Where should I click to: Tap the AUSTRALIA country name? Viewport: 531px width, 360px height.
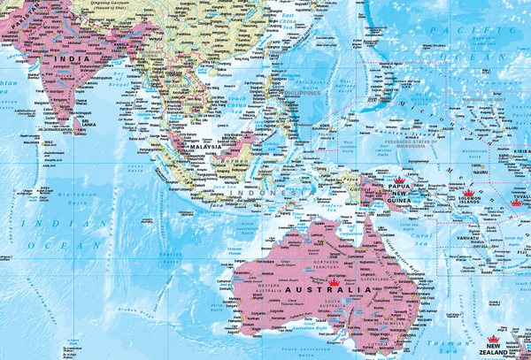pos(327,290)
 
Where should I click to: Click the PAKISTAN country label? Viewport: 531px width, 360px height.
pos(17,11)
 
